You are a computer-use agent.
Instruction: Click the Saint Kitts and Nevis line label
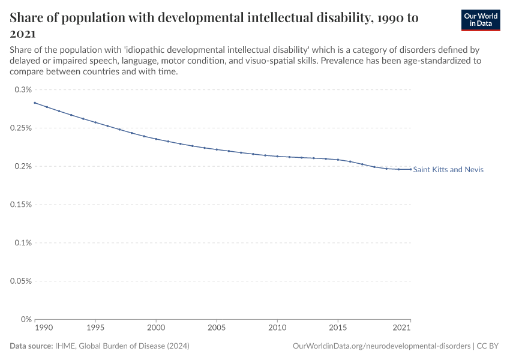[448, 170]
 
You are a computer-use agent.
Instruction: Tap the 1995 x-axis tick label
[95, 328]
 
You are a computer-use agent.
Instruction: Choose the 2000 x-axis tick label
[156, 328]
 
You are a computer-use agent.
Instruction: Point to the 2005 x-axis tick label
[217, 328]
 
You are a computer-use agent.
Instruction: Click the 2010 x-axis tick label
[277, 328]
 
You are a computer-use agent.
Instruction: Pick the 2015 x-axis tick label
[338, 328]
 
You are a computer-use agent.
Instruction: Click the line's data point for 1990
[35, 103]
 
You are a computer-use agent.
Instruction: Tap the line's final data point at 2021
[410, 169]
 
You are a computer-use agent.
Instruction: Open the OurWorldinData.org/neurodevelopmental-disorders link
[382, 346]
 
